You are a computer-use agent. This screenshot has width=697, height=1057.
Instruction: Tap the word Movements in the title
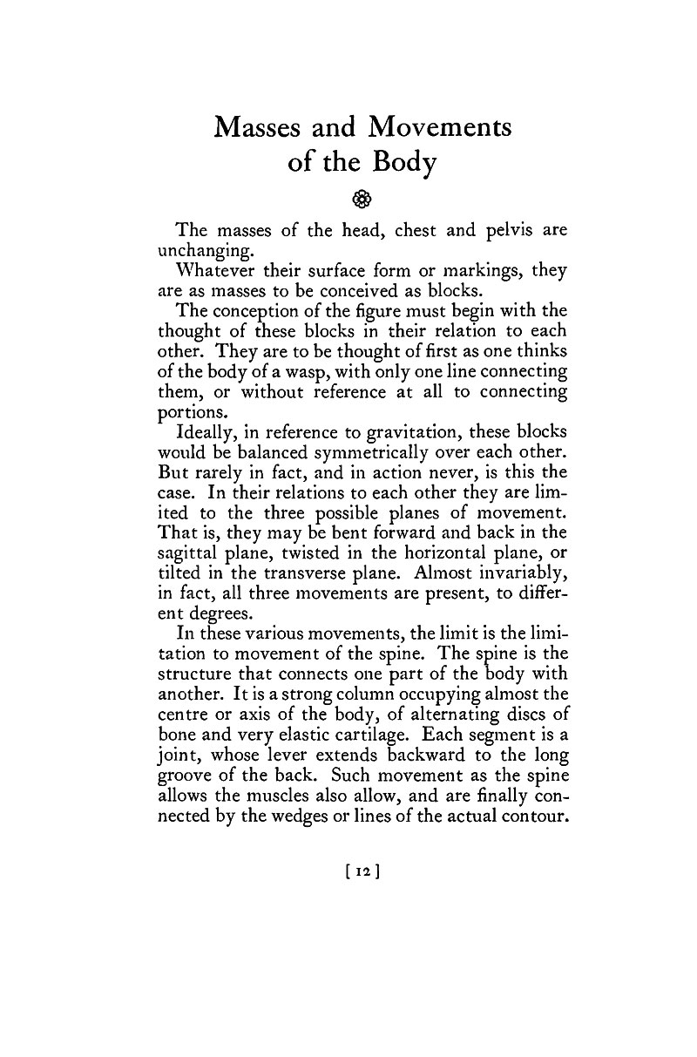point(439,127)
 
